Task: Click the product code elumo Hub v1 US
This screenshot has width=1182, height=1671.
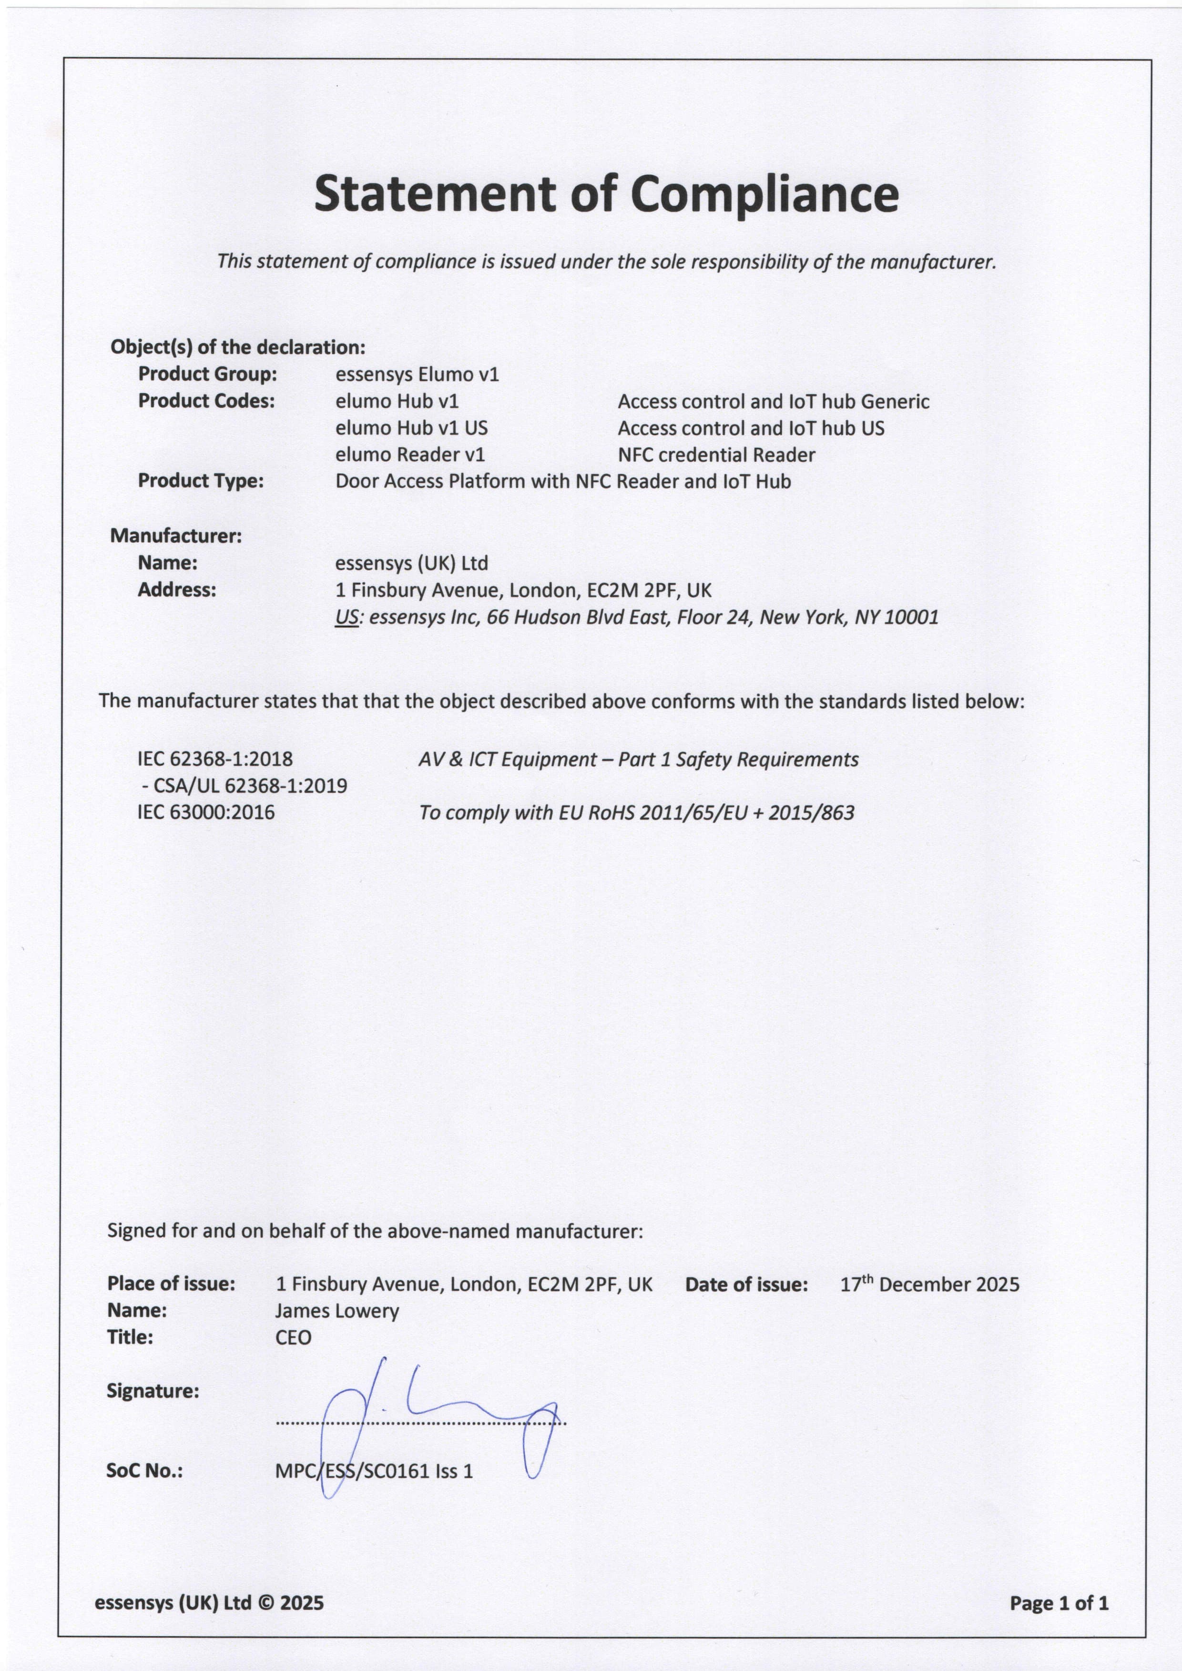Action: pos(411,428)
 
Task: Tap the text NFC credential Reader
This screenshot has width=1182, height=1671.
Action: pos(716,455)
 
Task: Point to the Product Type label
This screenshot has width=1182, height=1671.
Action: pos(200,481)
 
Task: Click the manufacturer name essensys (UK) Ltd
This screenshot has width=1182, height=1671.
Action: pos(411,563)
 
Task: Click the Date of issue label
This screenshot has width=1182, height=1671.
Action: pos(746,1285)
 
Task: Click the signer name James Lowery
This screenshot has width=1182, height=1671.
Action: pos(337,1311)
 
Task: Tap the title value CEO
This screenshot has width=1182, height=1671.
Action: pos(293,1337)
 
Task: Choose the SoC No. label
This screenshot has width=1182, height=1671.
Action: pos(144,1471)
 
